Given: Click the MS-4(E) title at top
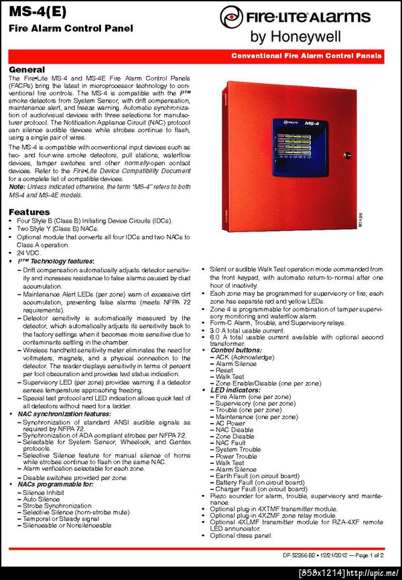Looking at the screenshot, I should (33, 12).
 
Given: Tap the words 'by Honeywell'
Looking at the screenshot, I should (295, 36).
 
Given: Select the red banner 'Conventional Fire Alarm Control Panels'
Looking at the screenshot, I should (306, 56).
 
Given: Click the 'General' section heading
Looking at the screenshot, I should (27, 70).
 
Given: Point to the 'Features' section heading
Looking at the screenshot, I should (29, 212).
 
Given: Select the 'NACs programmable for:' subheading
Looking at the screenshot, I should (52, 484).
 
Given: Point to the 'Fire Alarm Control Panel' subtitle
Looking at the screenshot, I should (70, 28).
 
